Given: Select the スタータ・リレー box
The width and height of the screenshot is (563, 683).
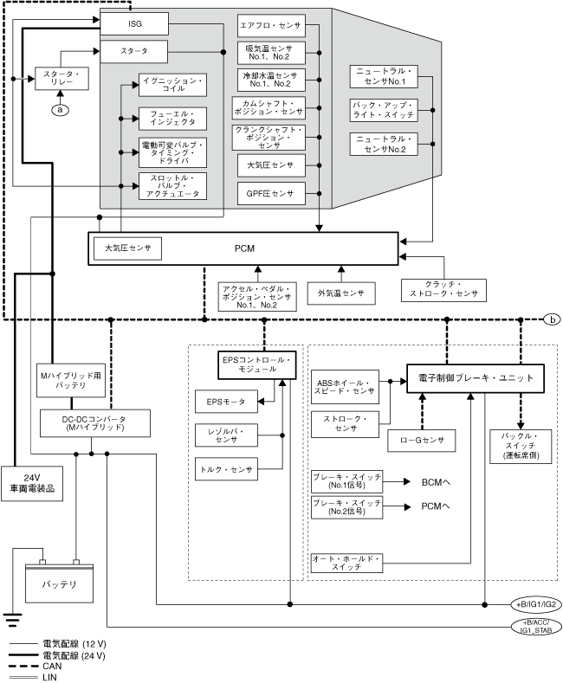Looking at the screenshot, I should click(60, 78).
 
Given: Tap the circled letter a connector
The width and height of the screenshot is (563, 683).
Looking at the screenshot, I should click(60, 109).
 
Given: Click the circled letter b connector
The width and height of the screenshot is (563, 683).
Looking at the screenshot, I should click(552, 319).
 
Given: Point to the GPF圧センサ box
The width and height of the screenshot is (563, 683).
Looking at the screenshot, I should click(268, 193).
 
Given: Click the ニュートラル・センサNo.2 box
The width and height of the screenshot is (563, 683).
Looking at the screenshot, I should click(382, 144).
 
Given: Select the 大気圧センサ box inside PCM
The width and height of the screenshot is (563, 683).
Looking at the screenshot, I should click(127, 248).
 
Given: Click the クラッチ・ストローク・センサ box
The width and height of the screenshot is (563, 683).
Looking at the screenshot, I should click(443, 289).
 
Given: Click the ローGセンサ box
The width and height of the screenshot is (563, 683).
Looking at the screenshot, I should click(423, 440).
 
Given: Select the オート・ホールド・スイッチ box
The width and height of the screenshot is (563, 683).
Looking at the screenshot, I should click(346, 564).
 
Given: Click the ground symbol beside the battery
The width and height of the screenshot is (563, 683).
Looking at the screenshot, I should click(11, 618).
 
